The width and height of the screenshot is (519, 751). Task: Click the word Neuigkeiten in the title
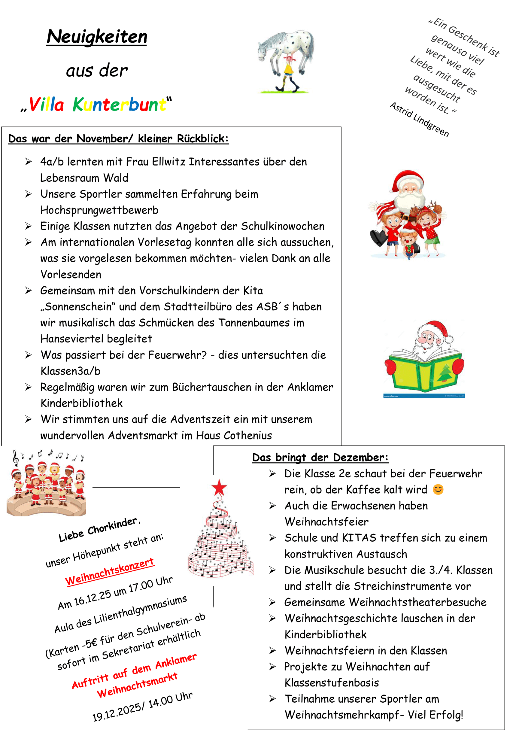[97, 36]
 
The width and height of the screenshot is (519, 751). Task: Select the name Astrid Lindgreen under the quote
[419, 120]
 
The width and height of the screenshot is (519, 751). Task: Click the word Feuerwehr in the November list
[177, 355]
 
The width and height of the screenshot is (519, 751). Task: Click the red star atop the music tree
[219, 488]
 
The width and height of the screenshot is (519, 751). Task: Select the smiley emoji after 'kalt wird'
[438, 489]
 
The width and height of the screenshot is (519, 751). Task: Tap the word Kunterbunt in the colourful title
[119, 105]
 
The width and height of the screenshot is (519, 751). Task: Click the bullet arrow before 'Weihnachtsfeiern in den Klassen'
[272, 651]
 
